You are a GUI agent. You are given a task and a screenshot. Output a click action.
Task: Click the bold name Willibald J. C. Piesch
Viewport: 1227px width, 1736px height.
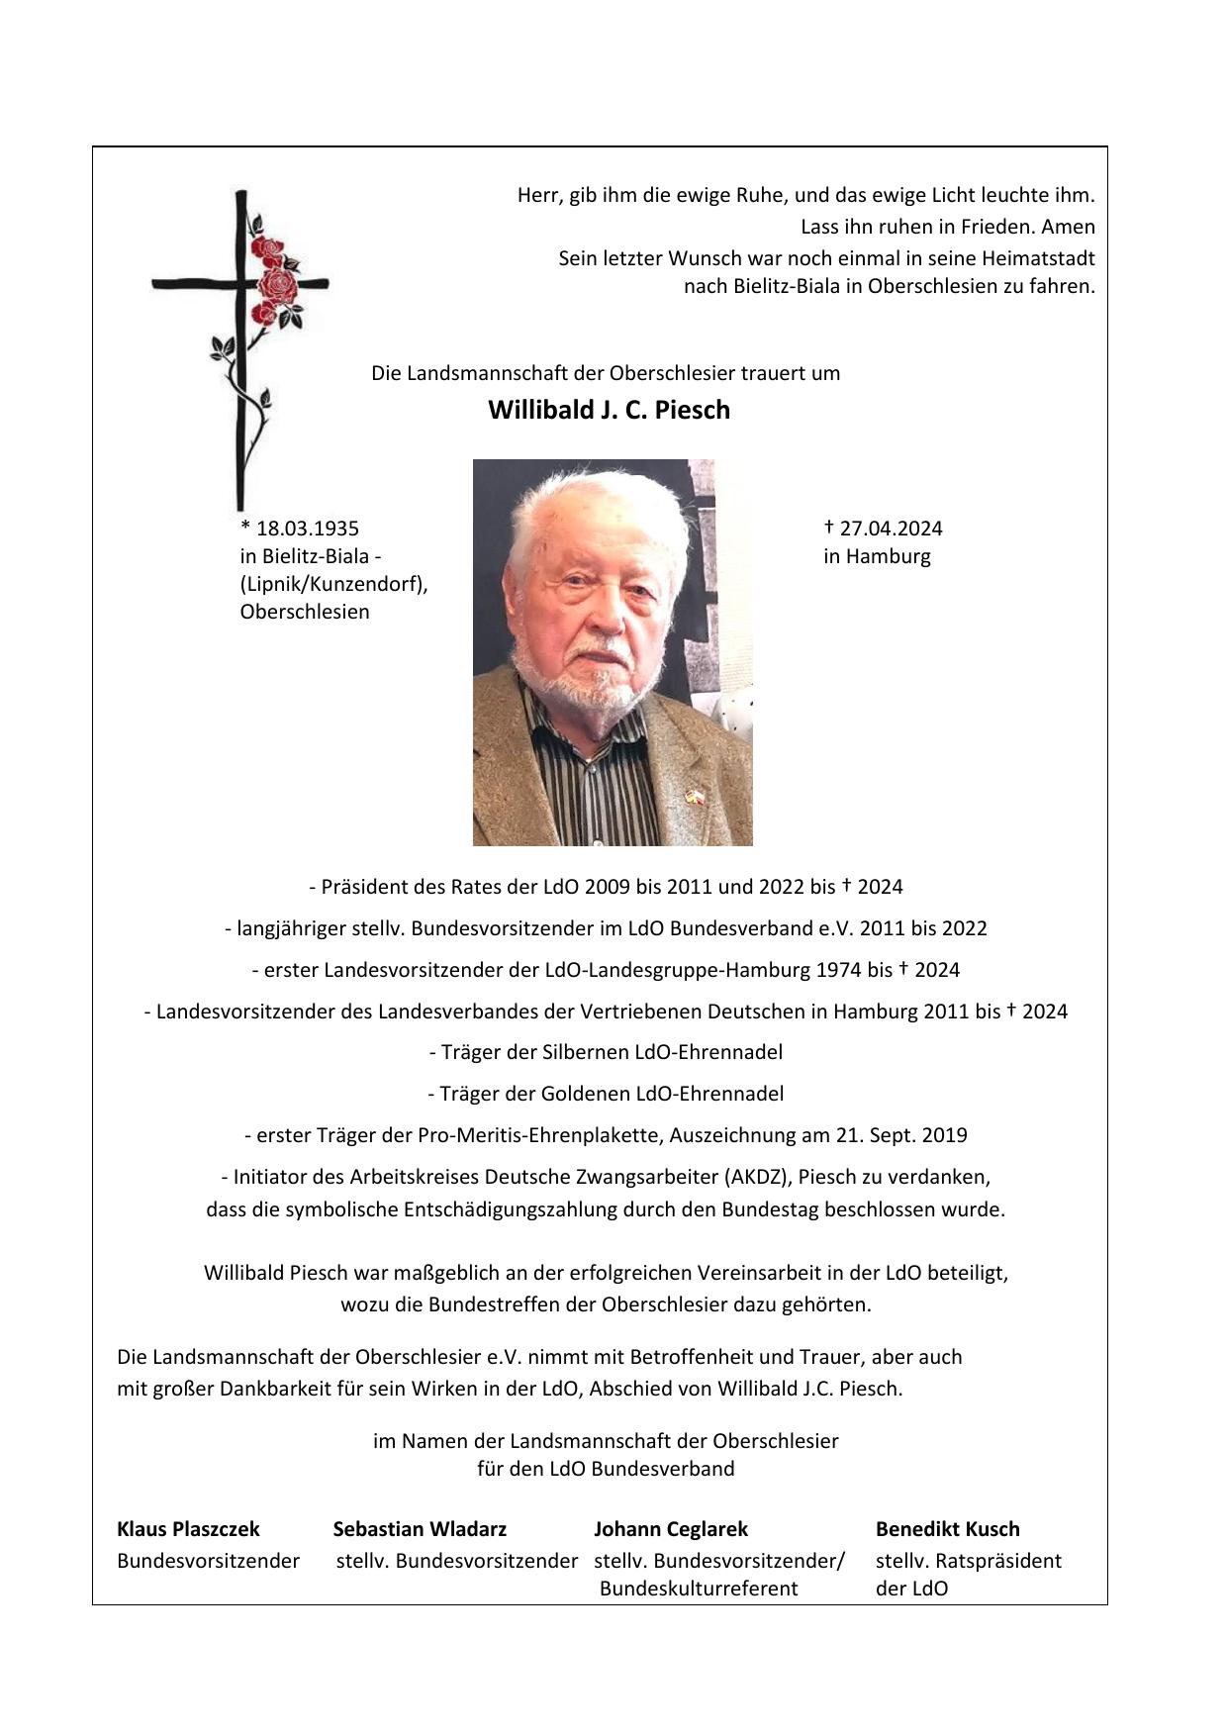click(x=609, y=410)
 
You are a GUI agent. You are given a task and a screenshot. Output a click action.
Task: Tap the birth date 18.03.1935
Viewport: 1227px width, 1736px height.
click(x=307, y=529)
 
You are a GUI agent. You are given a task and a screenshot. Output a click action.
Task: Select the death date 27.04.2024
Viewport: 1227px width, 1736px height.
click(x=891, y=529)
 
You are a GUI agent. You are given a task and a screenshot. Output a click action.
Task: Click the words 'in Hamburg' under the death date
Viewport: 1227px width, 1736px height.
click(x=877, y=556)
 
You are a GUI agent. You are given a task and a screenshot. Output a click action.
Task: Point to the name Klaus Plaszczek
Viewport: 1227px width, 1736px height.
click(x=188, y=1529)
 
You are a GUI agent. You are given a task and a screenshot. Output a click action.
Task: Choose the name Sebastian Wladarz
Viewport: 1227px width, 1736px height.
click(x=420, y=1529)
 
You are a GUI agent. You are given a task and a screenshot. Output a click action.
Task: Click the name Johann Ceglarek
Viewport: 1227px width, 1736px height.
click(x=671, y=1529)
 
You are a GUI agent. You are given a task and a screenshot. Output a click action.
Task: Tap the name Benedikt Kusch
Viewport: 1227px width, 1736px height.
click(x=947, y=1529)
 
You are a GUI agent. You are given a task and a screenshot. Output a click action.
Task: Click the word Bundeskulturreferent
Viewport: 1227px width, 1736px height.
click(x=699, y=1589)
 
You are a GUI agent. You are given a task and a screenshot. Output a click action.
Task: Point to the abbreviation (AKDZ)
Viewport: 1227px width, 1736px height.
click(x=758, y=1177)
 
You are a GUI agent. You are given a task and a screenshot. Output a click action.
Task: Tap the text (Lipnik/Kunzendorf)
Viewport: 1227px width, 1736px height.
click(x=333, y=584)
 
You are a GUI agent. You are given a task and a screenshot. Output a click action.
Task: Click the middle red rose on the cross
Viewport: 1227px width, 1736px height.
click(x=276, y=284)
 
